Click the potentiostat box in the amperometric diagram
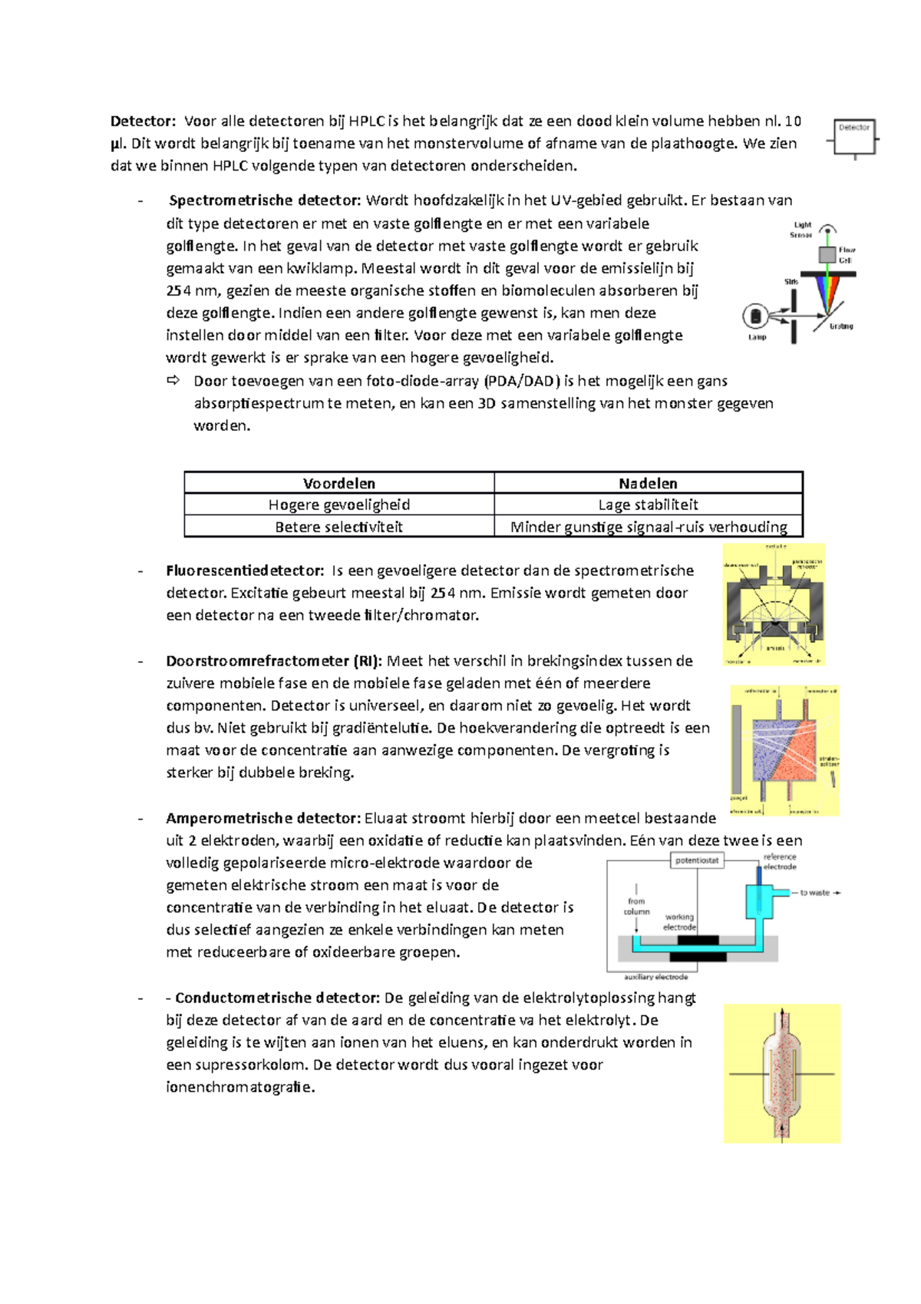point(697,860)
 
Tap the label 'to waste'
point(814,892)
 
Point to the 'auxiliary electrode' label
point(655,977)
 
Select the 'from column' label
point(636,906)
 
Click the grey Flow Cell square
point(827,255)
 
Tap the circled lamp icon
point(755,316)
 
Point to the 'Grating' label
point(841,326)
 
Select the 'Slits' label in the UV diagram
point(791,282)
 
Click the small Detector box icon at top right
point(854,137)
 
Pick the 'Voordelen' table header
point(339,483)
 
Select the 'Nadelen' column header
point(648,483)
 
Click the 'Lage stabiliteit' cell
point(648,505)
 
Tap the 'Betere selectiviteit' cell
point(339,527)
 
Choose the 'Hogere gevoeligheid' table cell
point(339,505)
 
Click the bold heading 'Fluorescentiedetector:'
point(245,571)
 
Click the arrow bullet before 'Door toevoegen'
point(173,380)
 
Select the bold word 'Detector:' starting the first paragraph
point(143,121)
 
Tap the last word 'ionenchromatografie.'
point(240,1087)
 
